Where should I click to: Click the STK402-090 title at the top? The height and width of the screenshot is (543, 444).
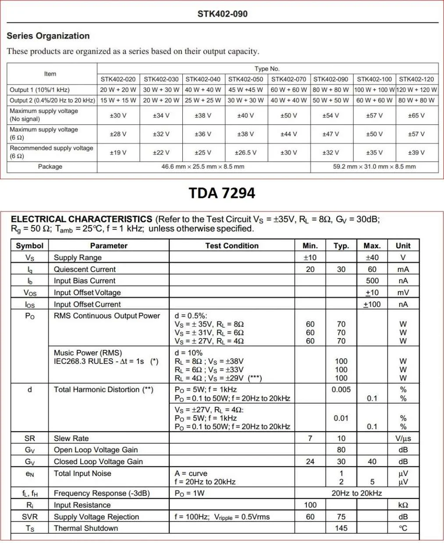[x=222, y=14]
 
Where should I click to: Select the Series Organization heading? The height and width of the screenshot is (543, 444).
[x=48, y=36]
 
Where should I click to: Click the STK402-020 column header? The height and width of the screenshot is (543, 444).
[x=118, y=79]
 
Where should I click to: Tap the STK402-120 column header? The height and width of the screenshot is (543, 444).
[x=416, y=79]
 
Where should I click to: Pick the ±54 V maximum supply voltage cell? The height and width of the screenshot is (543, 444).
[x=330, y=116]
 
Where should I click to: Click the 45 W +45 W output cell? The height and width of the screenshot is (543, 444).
[x=245, y=90]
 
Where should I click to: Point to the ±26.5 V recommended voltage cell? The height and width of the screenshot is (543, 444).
[x=245, y=153]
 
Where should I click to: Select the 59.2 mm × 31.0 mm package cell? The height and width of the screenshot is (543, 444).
[x=374, y=167]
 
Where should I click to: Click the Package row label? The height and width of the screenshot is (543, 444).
[x=50, y=167]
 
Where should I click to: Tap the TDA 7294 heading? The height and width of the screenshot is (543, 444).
[x=222, y=193]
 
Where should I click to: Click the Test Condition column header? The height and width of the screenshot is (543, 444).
[x=232, y=246]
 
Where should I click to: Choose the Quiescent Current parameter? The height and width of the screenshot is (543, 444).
[x=85, y=269]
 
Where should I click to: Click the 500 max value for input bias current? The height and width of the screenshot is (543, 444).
[x=372, y=281]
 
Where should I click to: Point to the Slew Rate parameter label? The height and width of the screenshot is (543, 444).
[x=71, y=438]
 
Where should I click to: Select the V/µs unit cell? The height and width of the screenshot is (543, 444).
[x=403, y=438]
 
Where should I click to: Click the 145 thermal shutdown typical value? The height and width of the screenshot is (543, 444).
[x=341, y=528]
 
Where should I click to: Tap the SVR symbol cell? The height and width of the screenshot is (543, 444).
[x=30, y=517]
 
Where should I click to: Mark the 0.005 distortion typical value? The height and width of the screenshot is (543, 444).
[x=341, y=389]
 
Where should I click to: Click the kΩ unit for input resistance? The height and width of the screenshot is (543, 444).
[x=403, y=505]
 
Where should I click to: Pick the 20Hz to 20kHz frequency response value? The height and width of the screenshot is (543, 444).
[x=356, y=494]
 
